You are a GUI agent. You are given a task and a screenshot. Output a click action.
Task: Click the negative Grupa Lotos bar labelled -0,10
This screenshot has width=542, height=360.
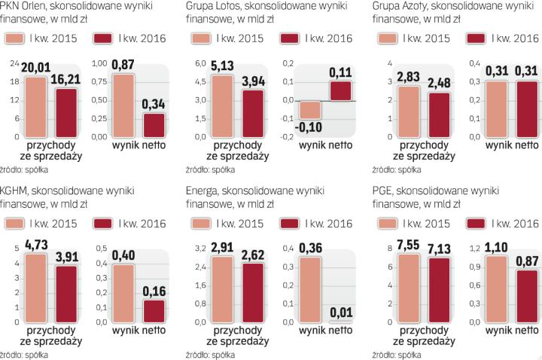(309, 109)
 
